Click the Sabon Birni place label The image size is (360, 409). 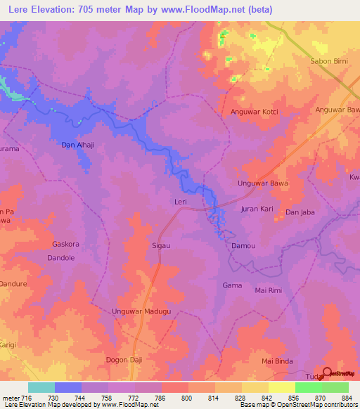[x=329, y=61]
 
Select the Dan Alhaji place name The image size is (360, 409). [x=79, y=145]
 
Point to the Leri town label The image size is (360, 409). [x=180, y=202]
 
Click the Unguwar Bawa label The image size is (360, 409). [x=262, y=184]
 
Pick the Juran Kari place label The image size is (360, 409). [x=257, y=210]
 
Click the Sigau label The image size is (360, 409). [x=162, y=246]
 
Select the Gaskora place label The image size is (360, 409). [x=67, y=245]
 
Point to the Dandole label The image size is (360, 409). [x=60, y=257]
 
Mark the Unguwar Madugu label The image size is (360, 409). [x=142, y=311]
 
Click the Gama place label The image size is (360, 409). [x=232, y=285]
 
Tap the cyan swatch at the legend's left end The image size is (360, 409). [x=41, y=387]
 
